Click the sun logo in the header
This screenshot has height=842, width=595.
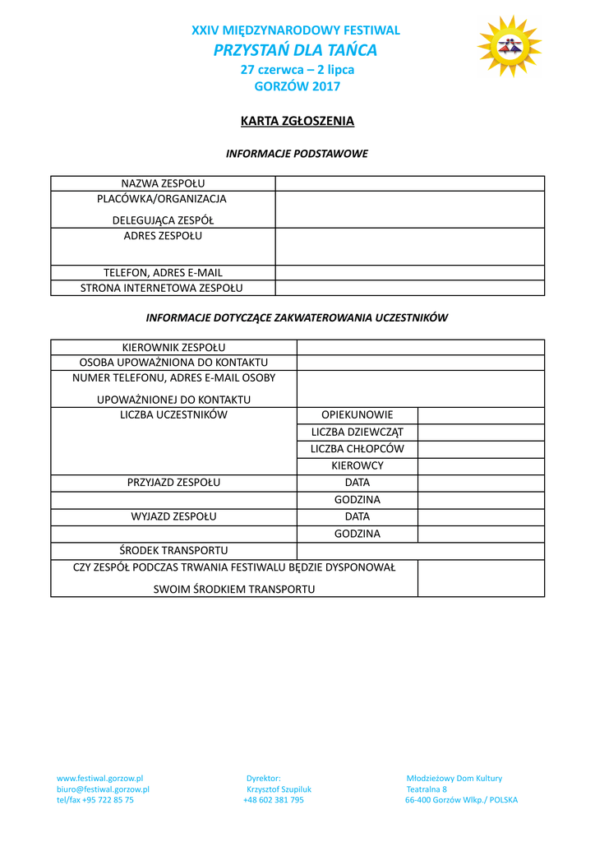pyautogui.click(x=510, y=46)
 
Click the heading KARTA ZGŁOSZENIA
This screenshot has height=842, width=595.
pyautogui.click(x=297, y=122)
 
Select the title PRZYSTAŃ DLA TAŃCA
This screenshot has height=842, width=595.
pyautogui.click(x=296, y=50)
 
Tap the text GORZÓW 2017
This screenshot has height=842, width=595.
pyautogui.click(x=297, y=86)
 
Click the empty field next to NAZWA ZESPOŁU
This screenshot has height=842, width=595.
pyautogui.click(x=409, y=183)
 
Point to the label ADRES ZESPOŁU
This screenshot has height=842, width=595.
pyautogui.click(x=163, y=236)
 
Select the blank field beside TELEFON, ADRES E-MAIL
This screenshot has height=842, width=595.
pyautogui.click(x=409, y=272)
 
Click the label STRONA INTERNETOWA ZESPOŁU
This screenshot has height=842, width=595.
pyautogui.click(x=162, y=288)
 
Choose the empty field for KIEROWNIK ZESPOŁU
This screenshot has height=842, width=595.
pyautogui.click(x=420, y=347)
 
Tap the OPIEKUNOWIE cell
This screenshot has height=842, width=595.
pyautogui.click(x=357, y=414)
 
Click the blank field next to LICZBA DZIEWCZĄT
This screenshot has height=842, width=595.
pyautogui.click(x=481, y=432)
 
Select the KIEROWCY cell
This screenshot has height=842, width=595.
pyautogui.click(x=357, y=465)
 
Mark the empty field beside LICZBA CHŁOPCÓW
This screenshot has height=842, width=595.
pyautogui.click(x=481, y=449)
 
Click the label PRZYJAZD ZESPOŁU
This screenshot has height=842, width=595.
pyautogui.click(x=173, y=483)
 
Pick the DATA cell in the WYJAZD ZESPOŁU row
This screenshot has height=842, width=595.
pyautogui.click(x=357, y=516)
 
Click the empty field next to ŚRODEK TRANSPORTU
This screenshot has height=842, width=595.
pyautogui.click(x=420, y=550)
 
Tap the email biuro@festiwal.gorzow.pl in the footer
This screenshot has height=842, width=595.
pyautogui.click(x=103, y=789)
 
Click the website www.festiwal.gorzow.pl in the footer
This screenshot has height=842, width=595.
pyautogui.click(x=100, y=778)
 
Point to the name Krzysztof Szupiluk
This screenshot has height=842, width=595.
pyautogui.click(x=279, y=789)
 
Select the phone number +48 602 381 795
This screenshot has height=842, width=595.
pyautogui.click(x=274, y=800)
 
